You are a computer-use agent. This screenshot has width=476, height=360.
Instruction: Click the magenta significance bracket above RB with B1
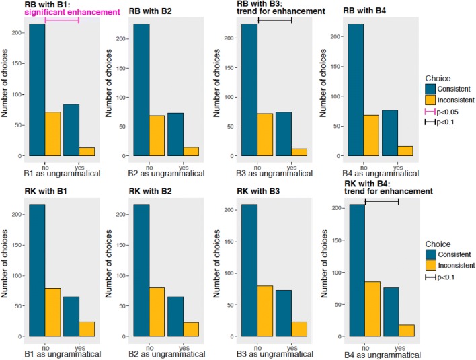(62, 20)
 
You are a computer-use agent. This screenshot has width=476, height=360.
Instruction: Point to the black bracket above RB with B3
(275, 20)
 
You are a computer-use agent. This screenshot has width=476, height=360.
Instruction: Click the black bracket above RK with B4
(381, 201)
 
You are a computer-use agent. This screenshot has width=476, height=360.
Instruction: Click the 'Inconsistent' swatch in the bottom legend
(430, 266)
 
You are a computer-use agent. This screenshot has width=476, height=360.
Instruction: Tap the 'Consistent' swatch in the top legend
(430, 88)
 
